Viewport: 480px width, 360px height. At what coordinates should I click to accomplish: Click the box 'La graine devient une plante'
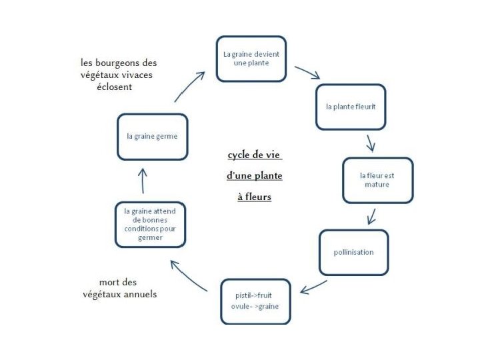pos(251,59)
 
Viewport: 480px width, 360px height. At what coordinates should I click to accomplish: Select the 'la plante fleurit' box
pos(351,107)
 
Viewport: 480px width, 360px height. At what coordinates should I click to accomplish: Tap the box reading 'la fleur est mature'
pos(377,180)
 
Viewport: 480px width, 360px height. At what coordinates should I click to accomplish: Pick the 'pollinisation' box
pos(353,252)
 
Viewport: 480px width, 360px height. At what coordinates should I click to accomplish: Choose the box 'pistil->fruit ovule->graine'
pos(255,301)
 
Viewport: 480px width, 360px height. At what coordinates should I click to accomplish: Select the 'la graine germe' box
pos(152,136)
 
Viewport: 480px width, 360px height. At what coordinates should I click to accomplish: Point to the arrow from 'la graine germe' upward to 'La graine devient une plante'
pos(190,85)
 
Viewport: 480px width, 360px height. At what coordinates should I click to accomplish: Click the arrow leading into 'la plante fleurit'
pos(307,71)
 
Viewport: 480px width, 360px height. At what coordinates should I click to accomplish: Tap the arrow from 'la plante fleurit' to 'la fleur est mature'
pos(370,142)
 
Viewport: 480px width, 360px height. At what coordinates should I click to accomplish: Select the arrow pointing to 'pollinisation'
pos(371,216)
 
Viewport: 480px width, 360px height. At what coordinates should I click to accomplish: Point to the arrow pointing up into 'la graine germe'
pos(142,180)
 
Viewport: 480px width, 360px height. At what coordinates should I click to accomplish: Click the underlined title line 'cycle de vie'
pos(254,155)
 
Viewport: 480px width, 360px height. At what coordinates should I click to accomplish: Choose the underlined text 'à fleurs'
pos(254,197)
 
